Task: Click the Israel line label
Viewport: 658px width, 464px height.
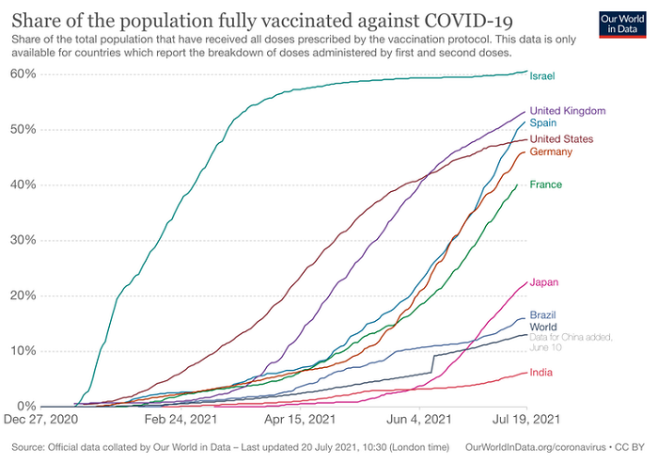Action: tap(542, 75)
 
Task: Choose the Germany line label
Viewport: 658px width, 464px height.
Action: tap(552, 152)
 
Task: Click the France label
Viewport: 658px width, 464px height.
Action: tap(546, 184)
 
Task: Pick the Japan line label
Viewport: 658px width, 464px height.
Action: tap(545, 282)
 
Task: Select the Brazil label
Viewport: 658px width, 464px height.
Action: tap(544, 314)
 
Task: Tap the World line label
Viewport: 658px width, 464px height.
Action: tap(543, 327)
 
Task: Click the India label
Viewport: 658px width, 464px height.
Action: tap(541, 372)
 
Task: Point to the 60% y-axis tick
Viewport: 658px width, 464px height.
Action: tap(23, 73)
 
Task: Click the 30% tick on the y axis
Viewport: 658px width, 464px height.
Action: tap(23, 240)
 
